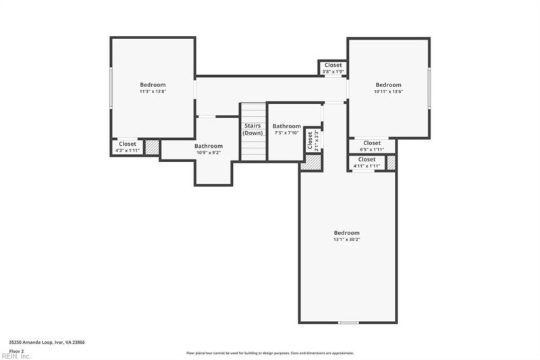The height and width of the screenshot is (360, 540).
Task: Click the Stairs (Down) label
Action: coord(253,129)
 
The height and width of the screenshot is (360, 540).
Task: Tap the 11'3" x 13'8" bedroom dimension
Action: coord(153,91)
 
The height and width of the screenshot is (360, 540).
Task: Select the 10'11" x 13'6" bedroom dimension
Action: coord(388,91)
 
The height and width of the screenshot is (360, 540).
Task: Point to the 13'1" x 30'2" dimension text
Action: coord(346,240)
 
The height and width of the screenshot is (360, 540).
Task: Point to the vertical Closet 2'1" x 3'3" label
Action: coord(313,140)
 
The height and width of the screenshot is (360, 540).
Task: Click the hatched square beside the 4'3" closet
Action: coord(152,147)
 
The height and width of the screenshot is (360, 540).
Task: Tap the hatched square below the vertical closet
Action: coord(310,163)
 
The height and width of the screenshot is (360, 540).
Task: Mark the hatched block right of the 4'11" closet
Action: coord(390,163)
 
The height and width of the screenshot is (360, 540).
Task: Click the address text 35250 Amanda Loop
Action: coord(47,342)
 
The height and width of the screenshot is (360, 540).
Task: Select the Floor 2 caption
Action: coord(16,351)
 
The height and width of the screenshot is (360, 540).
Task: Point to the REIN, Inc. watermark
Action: coord(16,356)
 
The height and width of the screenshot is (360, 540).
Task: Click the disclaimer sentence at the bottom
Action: coord(270,353)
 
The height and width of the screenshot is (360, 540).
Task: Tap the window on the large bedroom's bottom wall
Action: coord(348,323)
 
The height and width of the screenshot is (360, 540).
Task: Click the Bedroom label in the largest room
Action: coord(346,232)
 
